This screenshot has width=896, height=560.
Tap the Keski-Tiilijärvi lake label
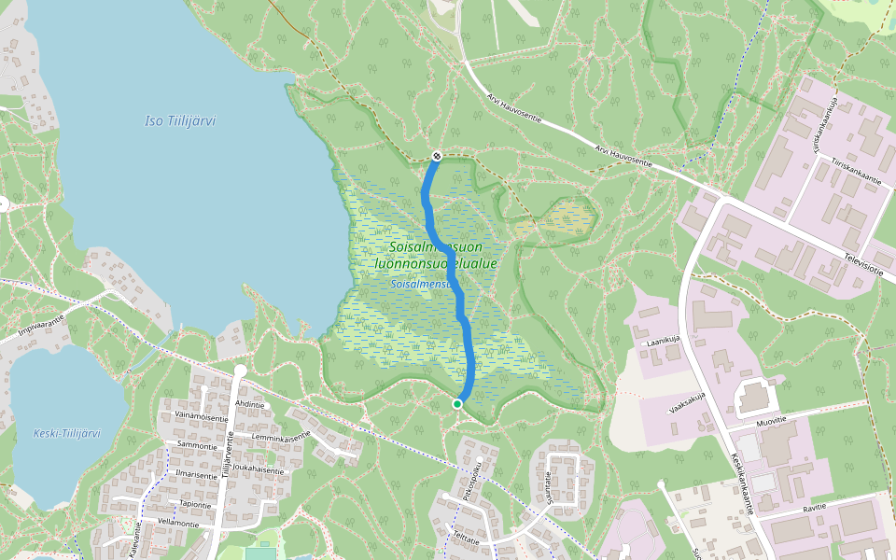66,433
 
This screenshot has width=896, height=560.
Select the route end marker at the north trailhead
436,155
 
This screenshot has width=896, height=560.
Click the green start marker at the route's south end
457,403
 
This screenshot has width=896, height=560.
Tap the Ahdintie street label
250,404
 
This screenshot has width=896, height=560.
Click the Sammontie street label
197,446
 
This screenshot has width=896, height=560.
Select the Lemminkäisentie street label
280,436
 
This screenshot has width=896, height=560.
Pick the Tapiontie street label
195,504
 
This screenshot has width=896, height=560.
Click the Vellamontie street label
178,523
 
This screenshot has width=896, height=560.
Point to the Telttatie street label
466,539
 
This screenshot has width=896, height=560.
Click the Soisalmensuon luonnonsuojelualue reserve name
435,256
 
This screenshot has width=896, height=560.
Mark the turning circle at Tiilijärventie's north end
240,371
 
